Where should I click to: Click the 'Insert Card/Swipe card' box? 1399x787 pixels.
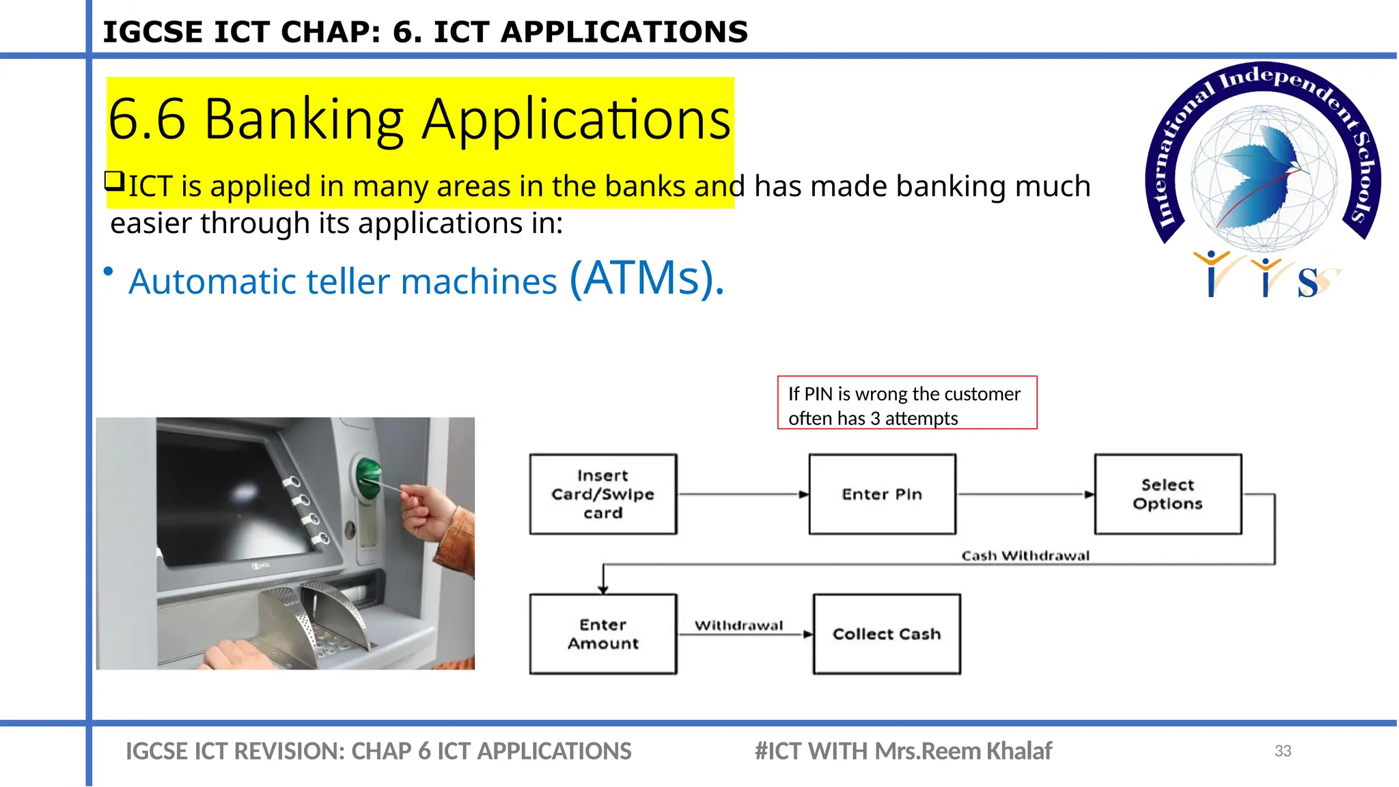pyautogui.click(x=603, y=494)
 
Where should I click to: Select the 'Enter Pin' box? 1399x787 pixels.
pyautogui.click(x=882, y=494)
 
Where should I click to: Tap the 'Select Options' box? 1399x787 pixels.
pyautogui.click(x=1167, y=494)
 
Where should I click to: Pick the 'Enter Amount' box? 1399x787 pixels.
pyautogui.click(x=603, y=634)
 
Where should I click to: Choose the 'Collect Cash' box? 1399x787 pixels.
pyautogui.click(x=887, y=634)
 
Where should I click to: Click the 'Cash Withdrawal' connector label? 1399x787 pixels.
pyautogui.click(x=1025, y=555)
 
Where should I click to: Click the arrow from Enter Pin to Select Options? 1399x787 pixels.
pyautogui.click(x=1025, y=494)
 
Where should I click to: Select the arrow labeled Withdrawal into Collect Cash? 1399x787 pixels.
pyautogui.click(x=745, y=635)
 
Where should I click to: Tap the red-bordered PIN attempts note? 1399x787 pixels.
pyautogui.click(x=906, y=403)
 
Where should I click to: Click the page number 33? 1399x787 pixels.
pyautogui.click(x=1283, y=751)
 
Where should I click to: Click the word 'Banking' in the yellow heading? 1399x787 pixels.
pyautogui.click(x=304, y=119)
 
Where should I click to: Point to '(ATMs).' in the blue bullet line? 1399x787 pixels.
pyautogui.click(x=646, y=279)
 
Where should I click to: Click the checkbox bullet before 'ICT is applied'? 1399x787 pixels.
pyautogui.click(x=114, y=181)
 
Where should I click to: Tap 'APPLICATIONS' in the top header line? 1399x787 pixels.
pyautogui.click(x=624, y=32)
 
